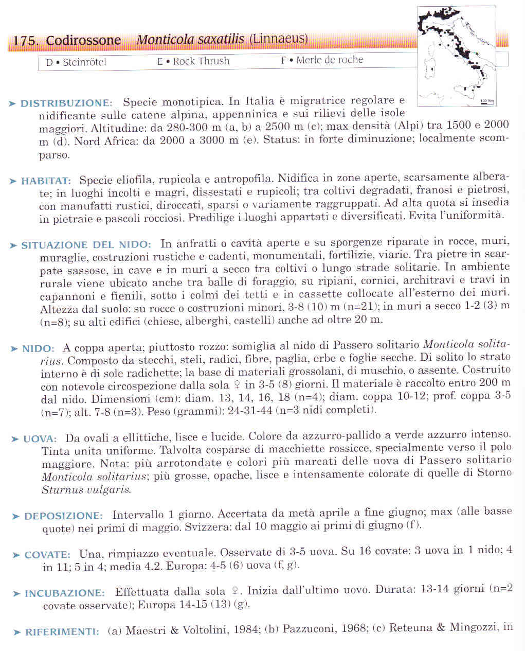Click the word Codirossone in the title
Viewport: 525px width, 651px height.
[83, 41]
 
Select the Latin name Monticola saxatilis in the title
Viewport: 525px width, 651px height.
[190, 40]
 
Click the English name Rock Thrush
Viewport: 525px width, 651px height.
[201, 61]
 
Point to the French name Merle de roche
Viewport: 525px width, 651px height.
[329, 60]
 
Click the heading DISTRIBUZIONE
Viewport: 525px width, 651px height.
[66, 103]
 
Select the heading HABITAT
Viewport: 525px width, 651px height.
[46, 181]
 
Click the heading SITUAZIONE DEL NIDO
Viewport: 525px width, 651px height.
[86, 245]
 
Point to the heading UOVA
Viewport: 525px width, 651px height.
[40, 439]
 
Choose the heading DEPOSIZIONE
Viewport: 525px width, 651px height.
[63, 516]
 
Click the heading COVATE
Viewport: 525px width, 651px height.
[47, 555]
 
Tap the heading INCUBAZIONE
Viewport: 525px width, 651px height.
[64, 593]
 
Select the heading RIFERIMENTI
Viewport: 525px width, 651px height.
[62, 632]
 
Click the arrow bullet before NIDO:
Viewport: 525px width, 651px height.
[14, 349]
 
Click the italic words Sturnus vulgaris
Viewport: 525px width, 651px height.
[86, 489]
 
